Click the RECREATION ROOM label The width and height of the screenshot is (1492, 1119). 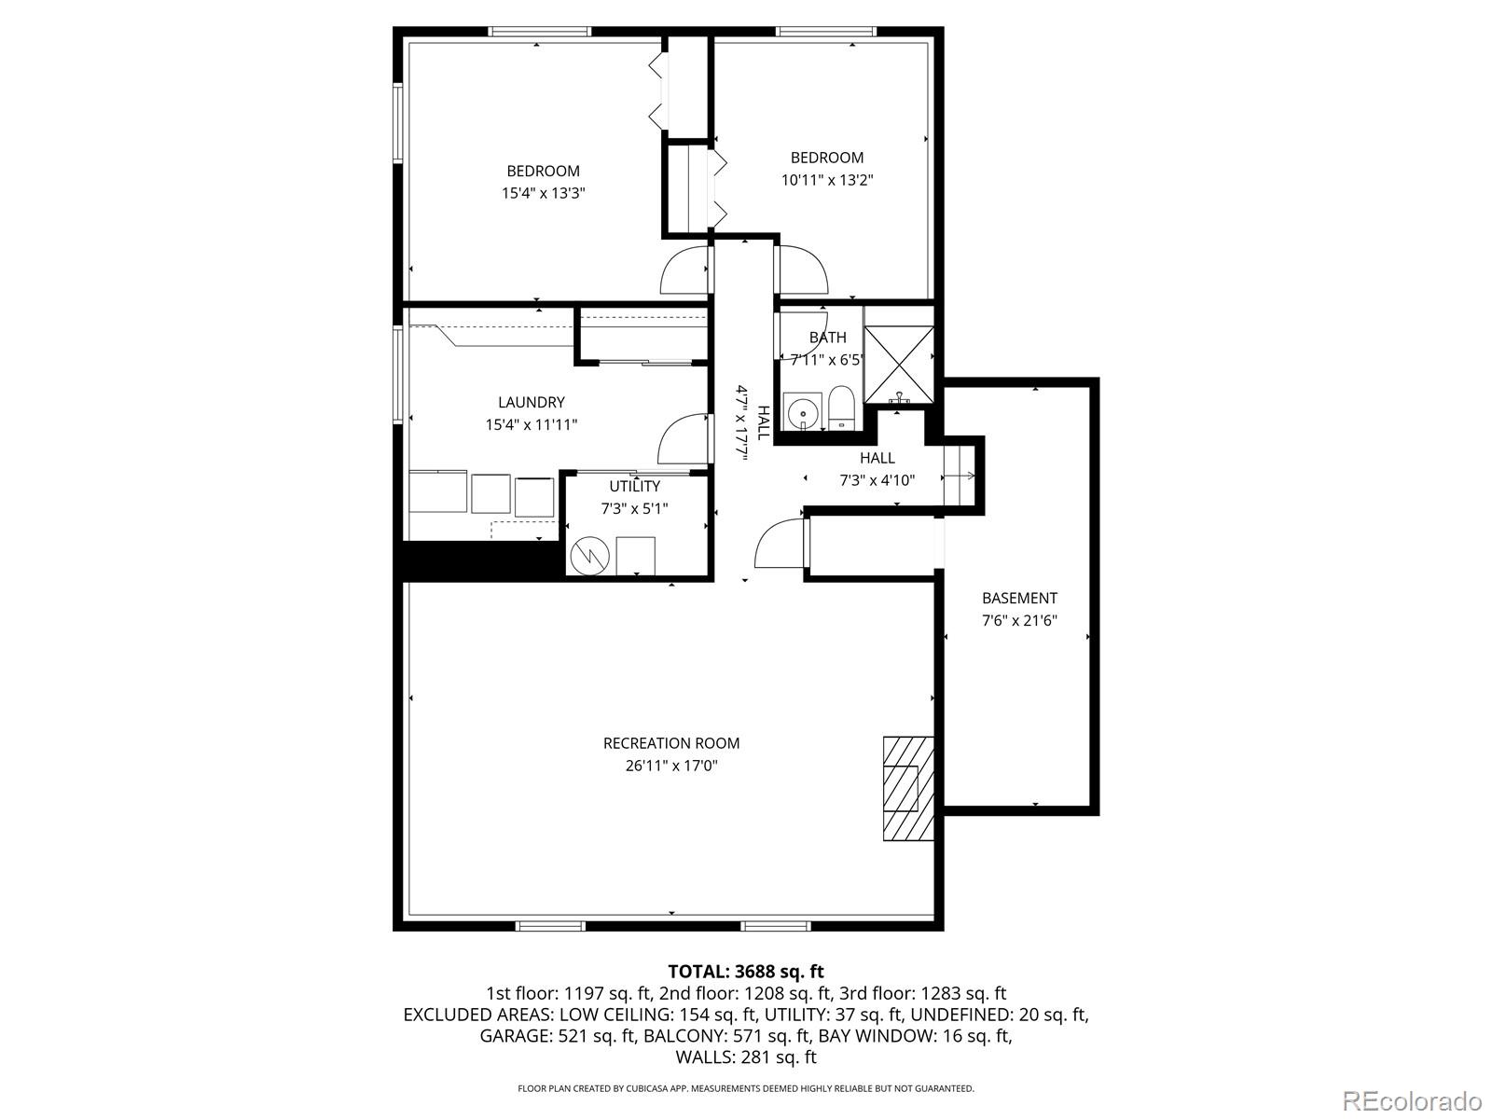pyautogui.click(x=671, y=743)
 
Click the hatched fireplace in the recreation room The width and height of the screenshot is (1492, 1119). pyautogui.click(x=908, y=788)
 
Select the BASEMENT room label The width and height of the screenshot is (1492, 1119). pyautogui.click(x=1019, y=599)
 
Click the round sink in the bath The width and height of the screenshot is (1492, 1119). pyautogui.click(x=800, y=411)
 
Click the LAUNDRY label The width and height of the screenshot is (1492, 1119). pyautogui.click(x=531, y=403)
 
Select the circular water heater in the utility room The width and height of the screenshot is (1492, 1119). pyautogui.click(x=589, y=556)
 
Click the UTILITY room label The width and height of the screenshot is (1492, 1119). pyautogui.click(x=634, y=486)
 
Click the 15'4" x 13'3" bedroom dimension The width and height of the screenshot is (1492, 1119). pyautogui.click(x=543, y=193)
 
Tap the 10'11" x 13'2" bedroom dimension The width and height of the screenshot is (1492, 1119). pyautogui.click(x=827, y=180)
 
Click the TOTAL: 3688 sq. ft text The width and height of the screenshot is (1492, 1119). pyautogui.click(x=745, y=972)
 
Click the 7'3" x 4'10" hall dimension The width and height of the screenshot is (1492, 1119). pyautogui.click(x=877, y=480)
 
